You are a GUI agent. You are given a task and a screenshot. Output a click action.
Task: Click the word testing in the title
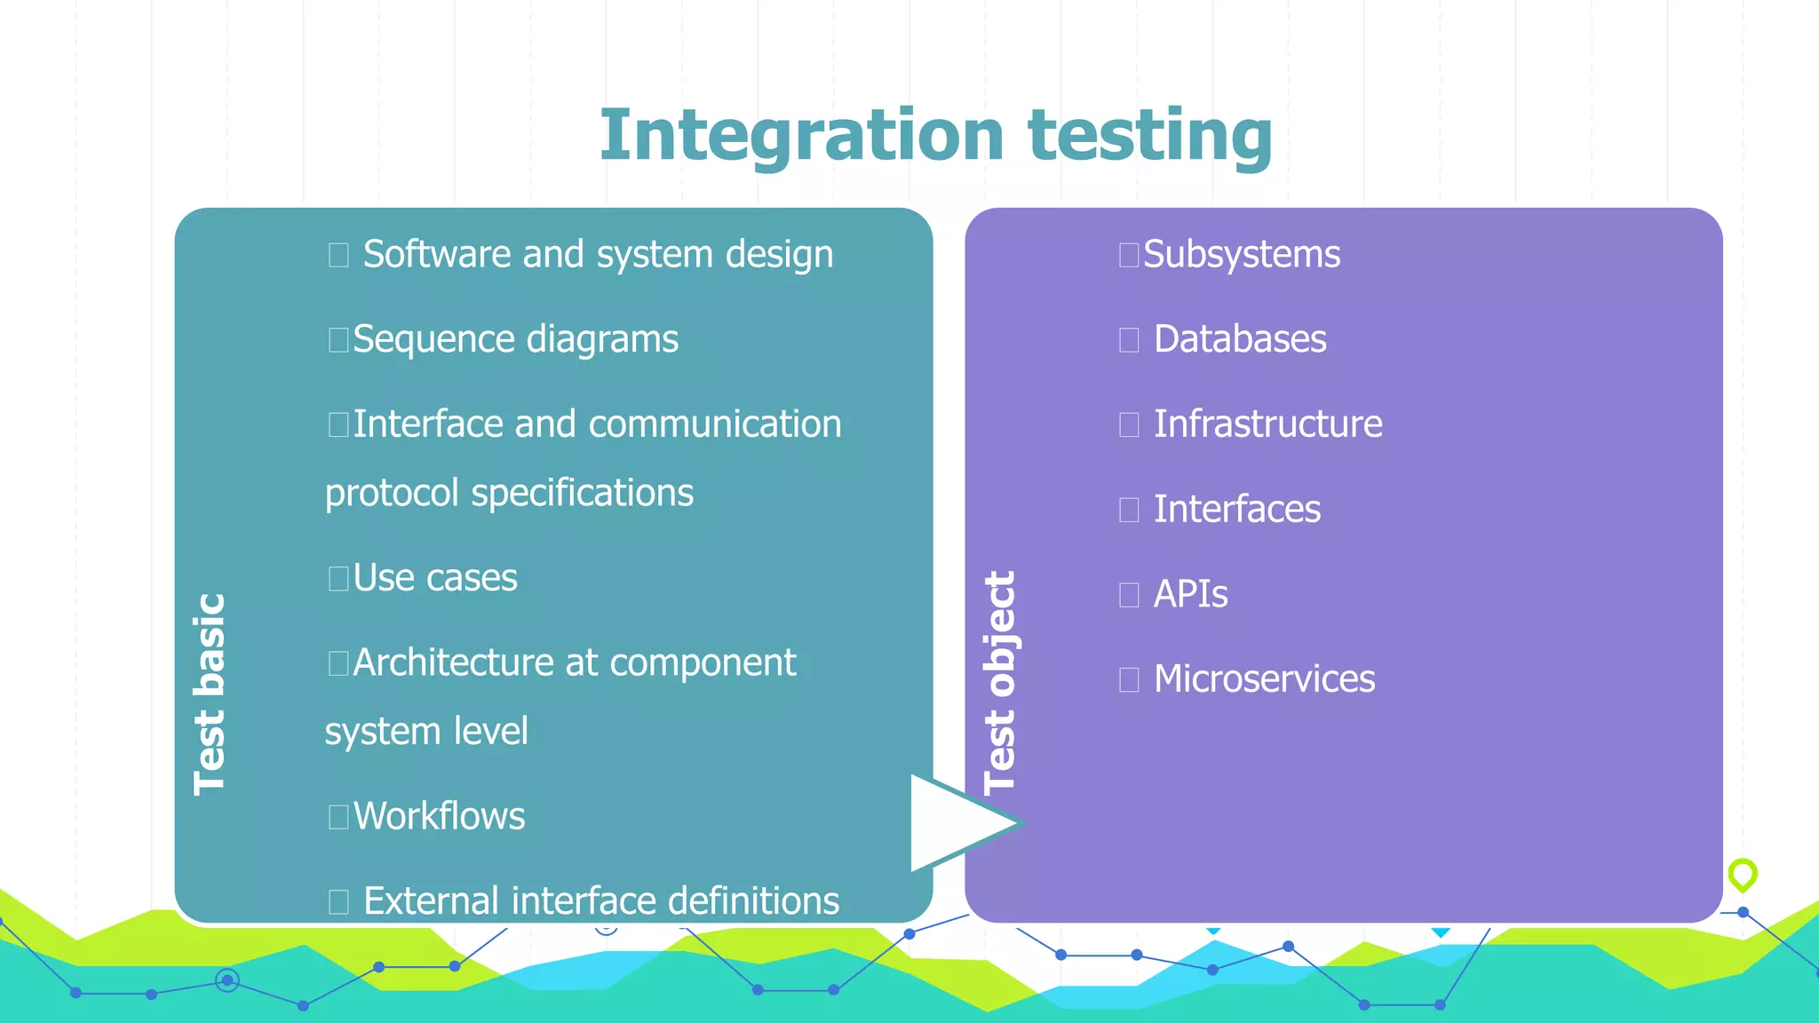(x=1150, y=135)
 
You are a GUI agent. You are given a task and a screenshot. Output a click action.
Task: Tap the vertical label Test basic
(x=210, y=694)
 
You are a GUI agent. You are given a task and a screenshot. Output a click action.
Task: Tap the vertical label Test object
(x=1000, y=681)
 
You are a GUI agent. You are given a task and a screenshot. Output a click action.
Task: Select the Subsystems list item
(x=1241, y=255)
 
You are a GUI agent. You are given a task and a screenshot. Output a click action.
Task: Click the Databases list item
(x=1239, y=339)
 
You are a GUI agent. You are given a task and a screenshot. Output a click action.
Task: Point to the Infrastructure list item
(x=1267, y=424)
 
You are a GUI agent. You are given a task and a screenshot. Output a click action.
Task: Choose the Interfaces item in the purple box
(x=1236, y=510)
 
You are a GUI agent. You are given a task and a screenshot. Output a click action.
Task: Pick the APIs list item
(x=1190, y=594)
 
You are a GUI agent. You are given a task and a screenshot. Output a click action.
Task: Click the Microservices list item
(x=1264, y=679)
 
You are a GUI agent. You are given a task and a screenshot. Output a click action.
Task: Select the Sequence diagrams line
(x=515, y=339)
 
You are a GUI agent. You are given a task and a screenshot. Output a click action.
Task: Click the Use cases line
(x=434, y=578)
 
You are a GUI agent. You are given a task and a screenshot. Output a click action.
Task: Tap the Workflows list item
(x=439, y=816)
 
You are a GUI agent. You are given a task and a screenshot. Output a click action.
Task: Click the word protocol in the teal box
(x=391, y=494)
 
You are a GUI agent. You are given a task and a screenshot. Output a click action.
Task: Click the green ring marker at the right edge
(x=1743, y=874)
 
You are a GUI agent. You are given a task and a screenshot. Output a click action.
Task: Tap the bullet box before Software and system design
(x=338, y=256)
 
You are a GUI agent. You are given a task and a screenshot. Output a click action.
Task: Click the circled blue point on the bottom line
(x=227, y=980)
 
